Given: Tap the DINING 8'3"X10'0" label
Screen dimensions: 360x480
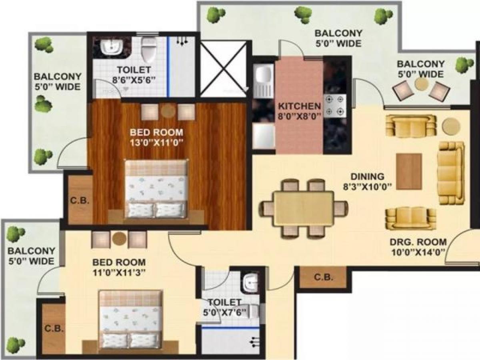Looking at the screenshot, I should [x=367, y=181].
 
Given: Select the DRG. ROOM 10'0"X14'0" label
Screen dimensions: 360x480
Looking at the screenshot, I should [x=418, y=246].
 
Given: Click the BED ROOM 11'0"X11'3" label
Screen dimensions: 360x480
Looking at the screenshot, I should [x=119, y=268].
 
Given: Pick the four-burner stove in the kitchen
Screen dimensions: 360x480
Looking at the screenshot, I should [x=336, y=106].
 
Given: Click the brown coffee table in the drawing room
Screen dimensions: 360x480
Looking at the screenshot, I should [x=409, y=171].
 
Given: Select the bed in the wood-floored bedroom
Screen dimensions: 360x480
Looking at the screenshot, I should [x=156, y=189].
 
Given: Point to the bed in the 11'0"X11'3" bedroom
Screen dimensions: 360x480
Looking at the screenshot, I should [x=131, y=319].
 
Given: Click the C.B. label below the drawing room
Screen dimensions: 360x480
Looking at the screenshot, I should [x=322, y=277].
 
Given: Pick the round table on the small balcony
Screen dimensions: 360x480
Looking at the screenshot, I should [x=422, y=84].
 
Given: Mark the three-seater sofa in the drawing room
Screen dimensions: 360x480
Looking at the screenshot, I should [x=451, y=172].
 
